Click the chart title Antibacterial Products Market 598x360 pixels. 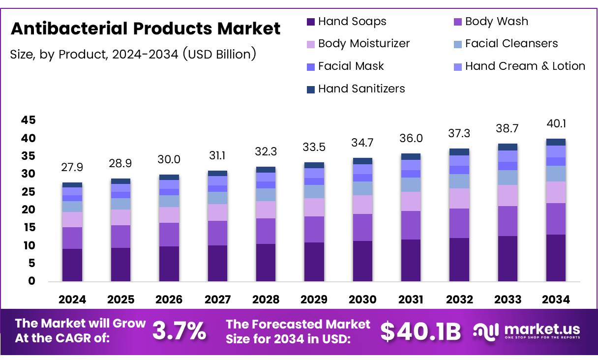[x=146, y=29]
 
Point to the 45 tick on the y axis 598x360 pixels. [x=28, y=120]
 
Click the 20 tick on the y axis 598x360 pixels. [x=28, y=210]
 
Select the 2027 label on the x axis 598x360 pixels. [x=217, y=300]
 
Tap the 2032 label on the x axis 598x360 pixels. [x=459, y=300]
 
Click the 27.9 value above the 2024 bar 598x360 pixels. [x=72, y=167]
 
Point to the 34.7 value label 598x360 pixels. [x=362, y=143]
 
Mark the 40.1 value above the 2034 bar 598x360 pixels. [x=556, y=123]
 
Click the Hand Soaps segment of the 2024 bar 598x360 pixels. [x=72, y=265]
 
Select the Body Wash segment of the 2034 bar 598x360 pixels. [x=556, y=219]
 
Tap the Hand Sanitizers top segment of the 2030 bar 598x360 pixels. [x=362, y=161]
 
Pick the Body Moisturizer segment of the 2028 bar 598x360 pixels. [x=266, y=210]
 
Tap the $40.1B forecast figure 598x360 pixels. [x=420, y=331]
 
